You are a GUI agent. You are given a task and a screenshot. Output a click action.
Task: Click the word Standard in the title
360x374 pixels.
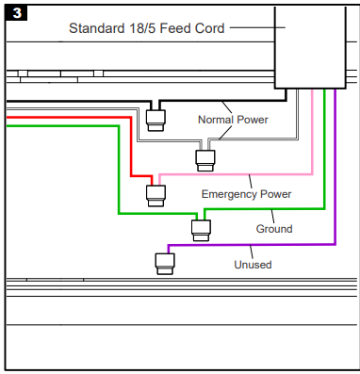tap(98, 28)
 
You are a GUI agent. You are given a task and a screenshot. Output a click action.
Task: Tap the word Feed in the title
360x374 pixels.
tap(183, 28)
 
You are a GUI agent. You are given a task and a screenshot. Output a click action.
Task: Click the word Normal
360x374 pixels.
tap(216, 120)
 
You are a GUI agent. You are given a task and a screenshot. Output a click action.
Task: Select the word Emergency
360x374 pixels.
tap(231, 194)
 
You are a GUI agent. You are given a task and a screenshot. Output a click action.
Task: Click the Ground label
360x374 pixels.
tap(274, 229)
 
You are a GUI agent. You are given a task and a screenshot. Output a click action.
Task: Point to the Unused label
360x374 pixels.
tap(253, 265)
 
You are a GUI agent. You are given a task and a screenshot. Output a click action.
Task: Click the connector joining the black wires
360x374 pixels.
tap(155, 118)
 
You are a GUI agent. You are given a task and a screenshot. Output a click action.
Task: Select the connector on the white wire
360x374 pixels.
tap(204, 157)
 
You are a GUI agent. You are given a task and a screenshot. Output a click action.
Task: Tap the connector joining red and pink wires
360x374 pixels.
tap(155, 195)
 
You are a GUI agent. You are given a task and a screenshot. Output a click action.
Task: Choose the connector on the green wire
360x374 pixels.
tap(200, 229)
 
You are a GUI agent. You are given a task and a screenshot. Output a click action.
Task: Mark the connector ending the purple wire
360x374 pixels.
tap(164, 263)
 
